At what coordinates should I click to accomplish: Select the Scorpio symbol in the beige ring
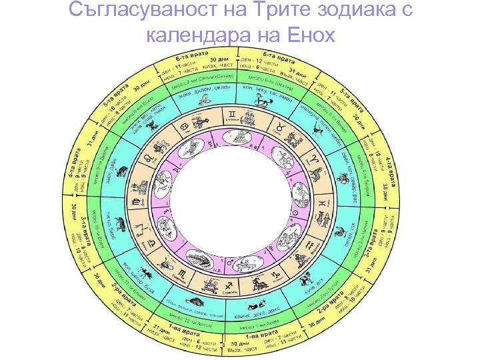186,274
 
